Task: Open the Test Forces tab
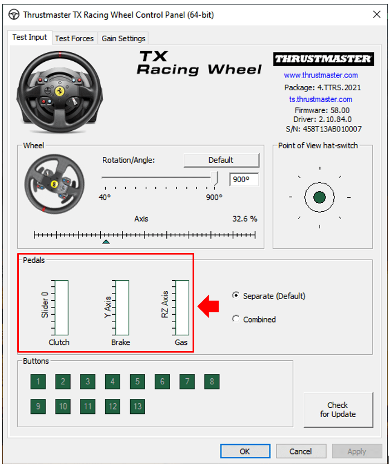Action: coord(74,38)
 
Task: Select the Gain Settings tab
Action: coord(123,38)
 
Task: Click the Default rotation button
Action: coord(221,160)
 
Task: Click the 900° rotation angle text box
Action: coord(244,179)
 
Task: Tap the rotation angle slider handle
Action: coord(214,178)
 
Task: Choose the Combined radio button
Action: coord(235,319)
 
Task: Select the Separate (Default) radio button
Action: coord(235,296)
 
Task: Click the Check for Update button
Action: coord(338,409)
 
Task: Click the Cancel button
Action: coord(301,451)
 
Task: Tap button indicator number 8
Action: coord(211,382)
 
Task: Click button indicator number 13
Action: coord(137,406)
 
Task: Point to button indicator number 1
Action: coord(38,382)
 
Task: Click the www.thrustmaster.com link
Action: coord(321,75)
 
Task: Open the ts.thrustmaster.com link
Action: coord(321,99)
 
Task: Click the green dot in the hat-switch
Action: coord(319,197)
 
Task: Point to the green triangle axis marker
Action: coord(106,242)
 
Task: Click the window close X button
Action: coord(377,14)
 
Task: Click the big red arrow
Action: coord(208,306)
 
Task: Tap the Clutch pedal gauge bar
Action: coord(61,307)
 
